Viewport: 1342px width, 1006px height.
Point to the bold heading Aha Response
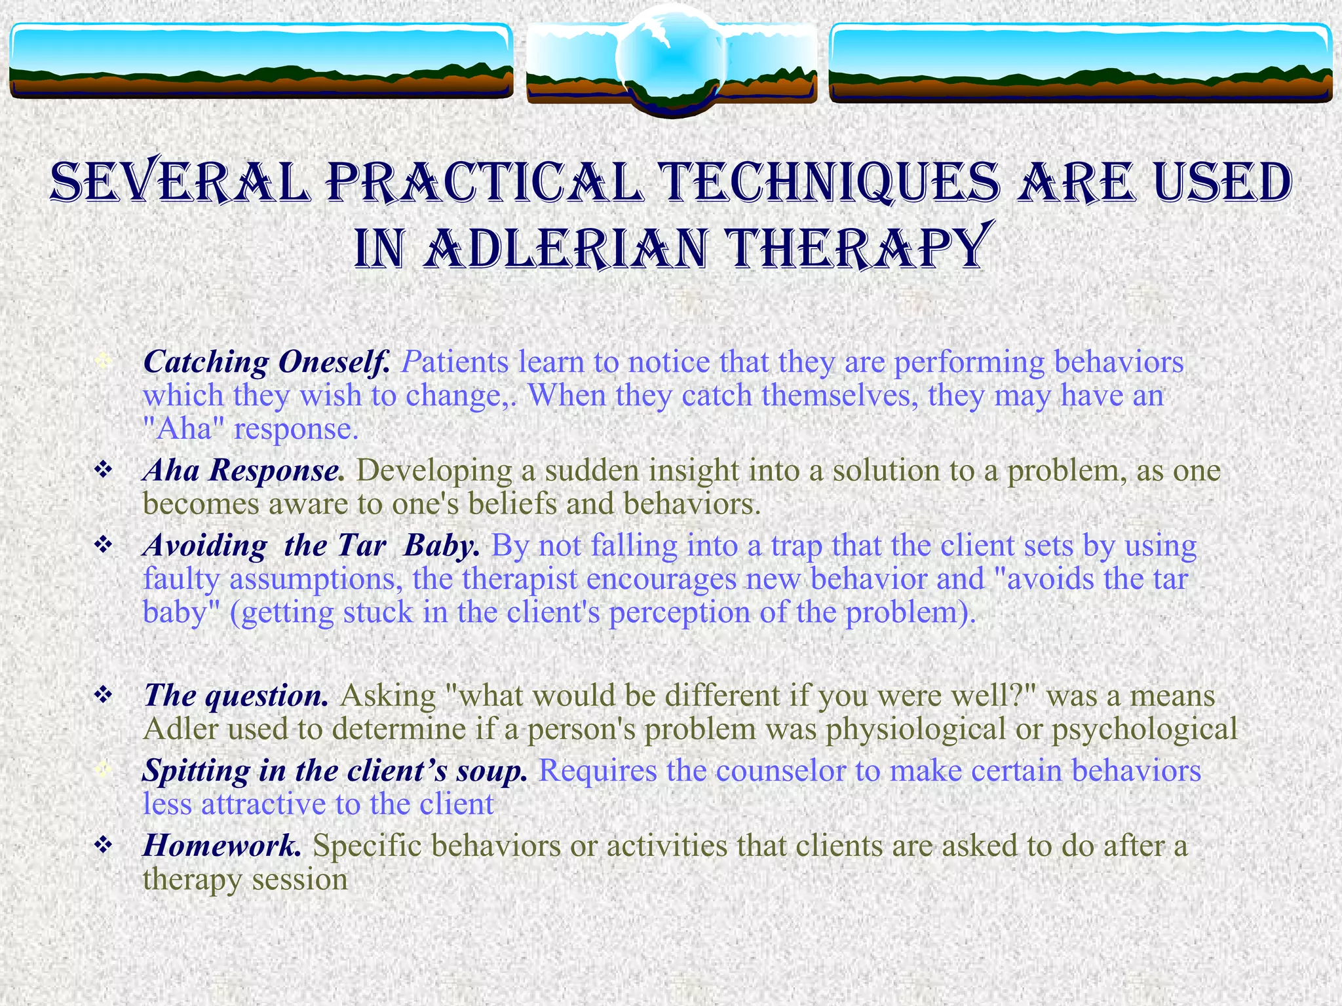coord(243,470)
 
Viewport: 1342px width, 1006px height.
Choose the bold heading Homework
coord(222,846)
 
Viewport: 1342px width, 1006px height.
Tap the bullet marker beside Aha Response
coord(104,470)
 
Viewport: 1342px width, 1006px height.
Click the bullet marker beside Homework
coord(104,845)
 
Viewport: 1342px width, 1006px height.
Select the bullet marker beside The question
coord(104,694)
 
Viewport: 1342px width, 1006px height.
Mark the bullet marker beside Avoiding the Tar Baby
coord(104,544)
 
